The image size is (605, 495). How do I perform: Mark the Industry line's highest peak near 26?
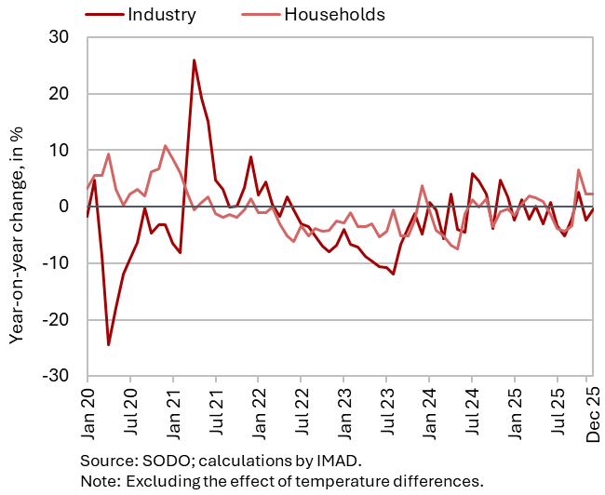click(194, 60)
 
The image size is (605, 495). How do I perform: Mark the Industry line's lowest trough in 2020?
click(108, 344)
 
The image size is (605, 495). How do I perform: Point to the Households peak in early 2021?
click(166, 146)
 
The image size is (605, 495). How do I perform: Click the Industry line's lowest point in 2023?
click(394, 274)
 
